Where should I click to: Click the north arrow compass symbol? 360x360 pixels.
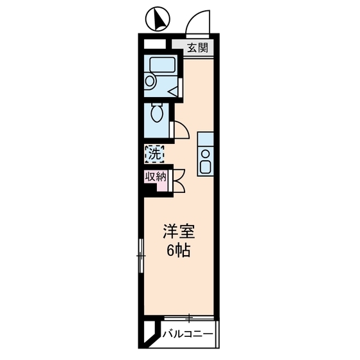tap(156, 20)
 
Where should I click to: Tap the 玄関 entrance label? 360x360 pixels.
tap(198, 48)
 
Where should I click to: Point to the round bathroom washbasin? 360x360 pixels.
tap(150, 81)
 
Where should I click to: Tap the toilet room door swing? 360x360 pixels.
tap(182, 130)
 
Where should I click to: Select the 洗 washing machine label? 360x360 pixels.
tap(154, 154)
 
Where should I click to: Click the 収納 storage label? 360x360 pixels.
tap(154, 176)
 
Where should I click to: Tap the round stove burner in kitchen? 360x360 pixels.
tap(206, 153)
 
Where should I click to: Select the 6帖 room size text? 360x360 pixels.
tap(177, 251)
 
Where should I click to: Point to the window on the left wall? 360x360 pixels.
tap(141, 255)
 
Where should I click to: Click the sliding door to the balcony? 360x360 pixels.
tap(189, 317)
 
